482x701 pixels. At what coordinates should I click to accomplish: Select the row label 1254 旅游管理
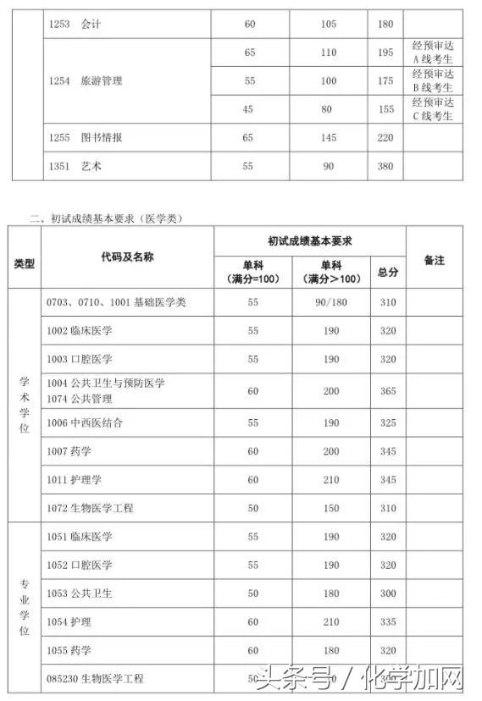point(85,80)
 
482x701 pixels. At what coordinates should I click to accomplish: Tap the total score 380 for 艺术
point(385,166)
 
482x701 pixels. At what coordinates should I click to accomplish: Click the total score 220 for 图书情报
point(385,137)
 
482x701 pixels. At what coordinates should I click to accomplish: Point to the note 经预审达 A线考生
point(432,52)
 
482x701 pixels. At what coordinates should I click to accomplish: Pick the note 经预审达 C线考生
point(432,109)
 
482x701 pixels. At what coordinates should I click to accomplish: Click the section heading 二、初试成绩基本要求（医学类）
point(107,218)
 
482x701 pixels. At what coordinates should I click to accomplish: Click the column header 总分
point(388,272)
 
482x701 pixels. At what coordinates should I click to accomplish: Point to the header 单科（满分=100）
point(252,272)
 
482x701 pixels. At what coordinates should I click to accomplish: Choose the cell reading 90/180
point(330,302)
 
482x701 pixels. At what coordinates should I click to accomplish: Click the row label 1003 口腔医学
point(80,359)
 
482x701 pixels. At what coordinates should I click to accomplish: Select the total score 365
point(388,390)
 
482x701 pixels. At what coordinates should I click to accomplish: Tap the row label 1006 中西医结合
point(85,422)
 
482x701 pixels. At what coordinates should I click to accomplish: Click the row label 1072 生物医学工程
point(90,508)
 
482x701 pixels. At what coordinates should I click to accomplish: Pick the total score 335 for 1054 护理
point(388,622)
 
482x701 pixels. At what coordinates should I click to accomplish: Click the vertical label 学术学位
point(24,405)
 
